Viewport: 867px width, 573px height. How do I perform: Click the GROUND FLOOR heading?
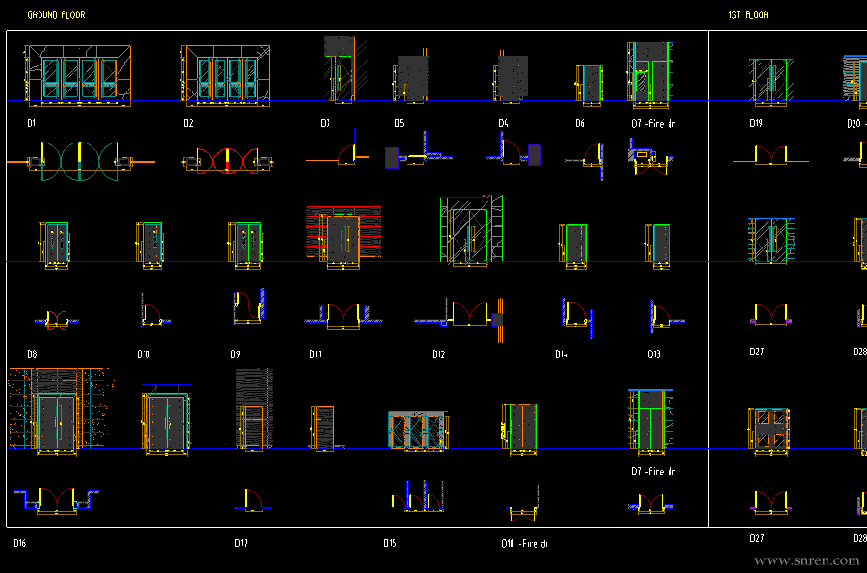tap(56, 15)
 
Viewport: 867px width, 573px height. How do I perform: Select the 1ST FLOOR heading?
tap(749, 15)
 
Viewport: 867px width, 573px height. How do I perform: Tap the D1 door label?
tap(31, 124)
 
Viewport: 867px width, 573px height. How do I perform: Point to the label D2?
tap(188, 124)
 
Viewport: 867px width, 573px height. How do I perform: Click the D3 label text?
tap(326, 124)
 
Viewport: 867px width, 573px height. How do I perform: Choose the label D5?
tap(399, 124)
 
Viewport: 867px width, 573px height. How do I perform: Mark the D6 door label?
tap(580, 124)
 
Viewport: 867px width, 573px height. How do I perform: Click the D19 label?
tap(756, 124)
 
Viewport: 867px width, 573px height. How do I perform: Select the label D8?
tap(32, 354)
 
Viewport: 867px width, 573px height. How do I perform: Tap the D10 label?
tap(144, 354)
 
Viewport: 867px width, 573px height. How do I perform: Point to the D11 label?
tap(315, 354)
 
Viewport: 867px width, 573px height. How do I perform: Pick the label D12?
tap(439, 354)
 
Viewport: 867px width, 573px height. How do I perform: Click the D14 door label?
tap(561, 354)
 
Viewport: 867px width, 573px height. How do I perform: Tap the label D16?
tap(19, 543)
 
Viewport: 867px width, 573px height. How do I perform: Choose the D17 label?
tap(241, 543)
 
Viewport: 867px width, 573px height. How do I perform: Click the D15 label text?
tap(389, 543)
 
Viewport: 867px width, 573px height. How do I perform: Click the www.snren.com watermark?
tap(806, 560)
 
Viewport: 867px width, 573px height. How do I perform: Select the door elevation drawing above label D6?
tap(589, 81)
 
